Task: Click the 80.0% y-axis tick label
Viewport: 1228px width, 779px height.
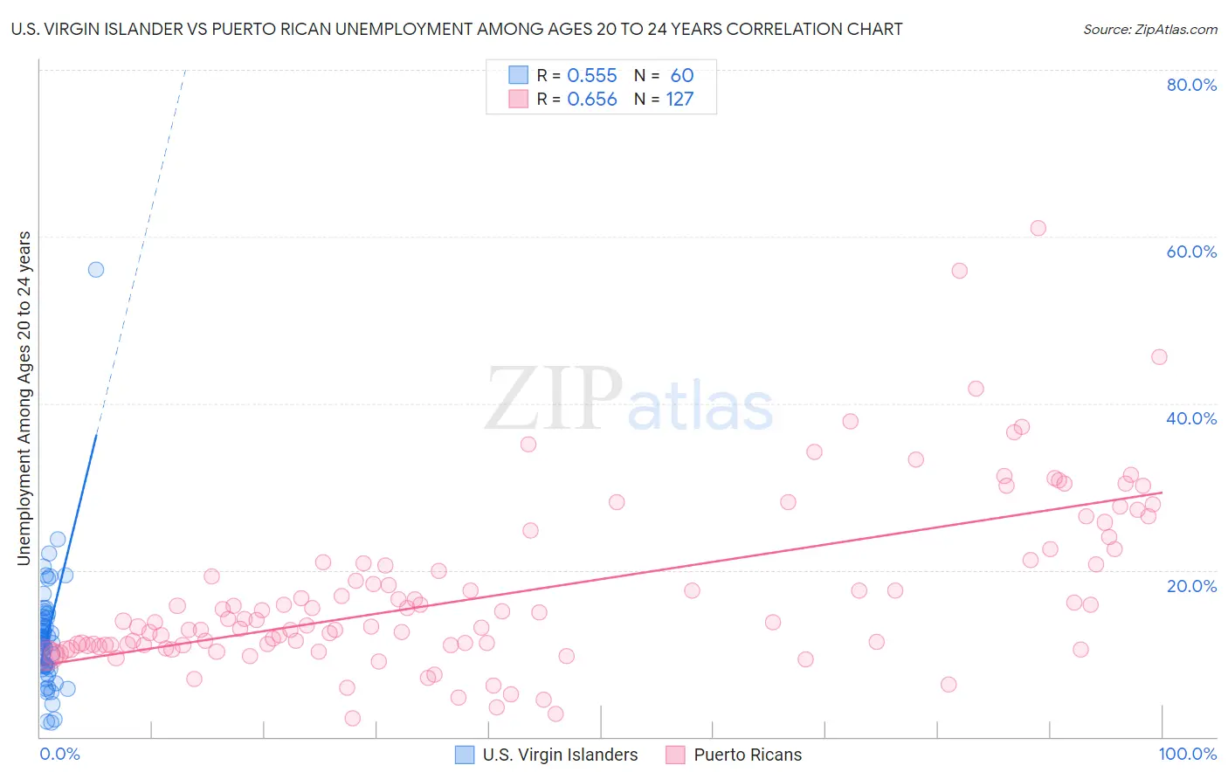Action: click(x=1191, y=85)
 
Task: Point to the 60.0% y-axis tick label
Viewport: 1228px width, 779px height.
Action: click(x=1191, y=252)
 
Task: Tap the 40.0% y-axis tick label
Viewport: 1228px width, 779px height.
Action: click(x=1191, y=418)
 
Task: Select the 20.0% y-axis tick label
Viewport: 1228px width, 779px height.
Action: click(x=1191, y=585)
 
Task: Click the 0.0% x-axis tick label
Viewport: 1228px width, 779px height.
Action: click(x=59, y=754)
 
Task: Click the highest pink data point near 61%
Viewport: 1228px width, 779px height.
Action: click(x=1038, y=228)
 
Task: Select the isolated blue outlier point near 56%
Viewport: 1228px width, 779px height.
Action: click(x=96, y=269)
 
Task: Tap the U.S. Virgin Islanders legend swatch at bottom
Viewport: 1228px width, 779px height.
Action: click(x=466, y=755)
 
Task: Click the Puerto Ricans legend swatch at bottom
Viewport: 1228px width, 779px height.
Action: click(x=675, y=755)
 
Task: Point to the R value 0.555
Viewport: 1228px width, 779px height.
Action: click(x=592, y=76)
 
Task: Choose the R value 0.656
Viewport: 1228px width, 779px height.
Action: click(x=592, y=100)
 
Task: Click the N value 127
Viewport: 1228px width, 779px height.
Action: click(x=680, y=100)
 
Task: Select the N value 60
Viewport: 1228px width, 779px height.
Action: click(x=682, y=76)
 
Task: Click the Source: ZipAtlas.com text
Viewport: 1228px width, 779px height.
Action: click(x=1149, y=30)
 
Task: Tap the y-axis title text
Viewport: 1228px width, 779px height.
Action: click(x=24, y=397)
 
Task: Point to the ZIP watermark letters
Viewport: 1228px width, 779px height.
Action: click(x=553, y=399)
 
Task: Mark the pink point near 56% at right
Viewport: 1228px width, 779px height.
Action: click(x=959, y=271)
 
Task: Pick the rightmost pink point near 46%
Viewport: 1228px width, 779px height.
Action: click(x=1159, y=356)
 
